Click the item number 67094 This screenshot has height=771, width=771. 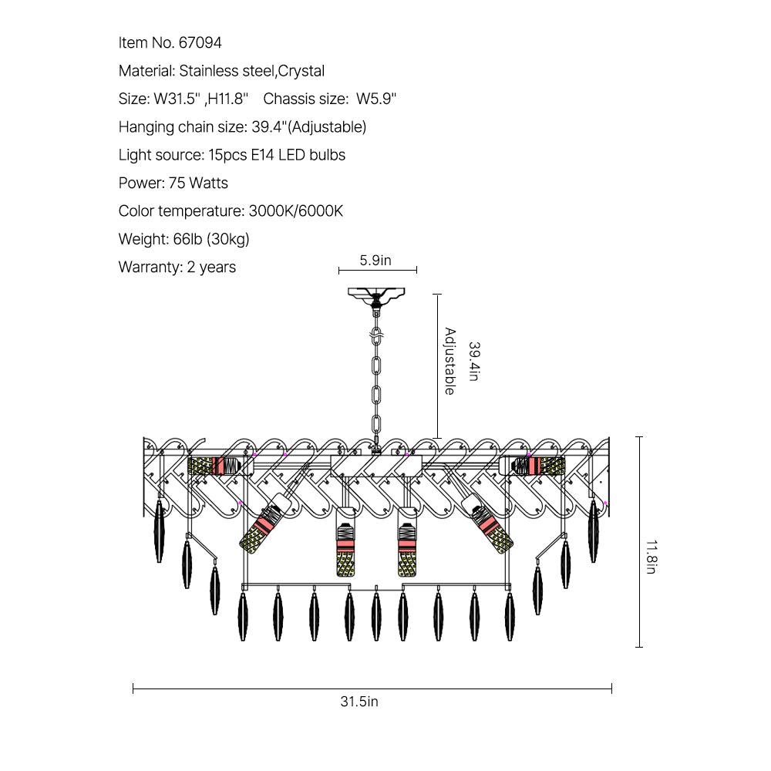200,42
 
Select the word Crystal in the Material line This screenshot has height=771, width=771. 301,71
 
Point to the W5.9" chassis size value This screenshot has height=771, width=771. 376,99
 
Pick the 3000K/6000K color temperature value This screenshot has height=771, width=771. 295,211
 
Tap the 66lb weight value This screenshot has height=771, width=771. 187,239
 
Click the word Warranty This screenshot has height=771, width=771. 150,267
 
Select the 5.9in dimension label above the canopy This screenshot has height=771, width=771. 375,260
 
